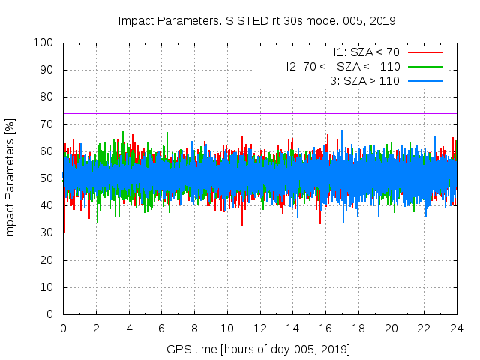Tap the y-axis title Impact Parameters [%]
tap(10, 178)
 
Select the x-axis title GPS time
tap(259, 349)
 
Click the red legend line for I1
tap(424, 52)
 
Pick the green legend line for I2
tap(424, 66)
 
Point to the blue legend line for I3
tap(424, 80)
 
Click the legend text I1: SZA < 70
tap(367, 52)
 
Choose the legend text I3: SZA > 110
tap(363, 80)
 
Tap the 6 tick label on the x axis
tap(162, 328)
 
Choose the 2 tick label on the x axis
tap(96, 328)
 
